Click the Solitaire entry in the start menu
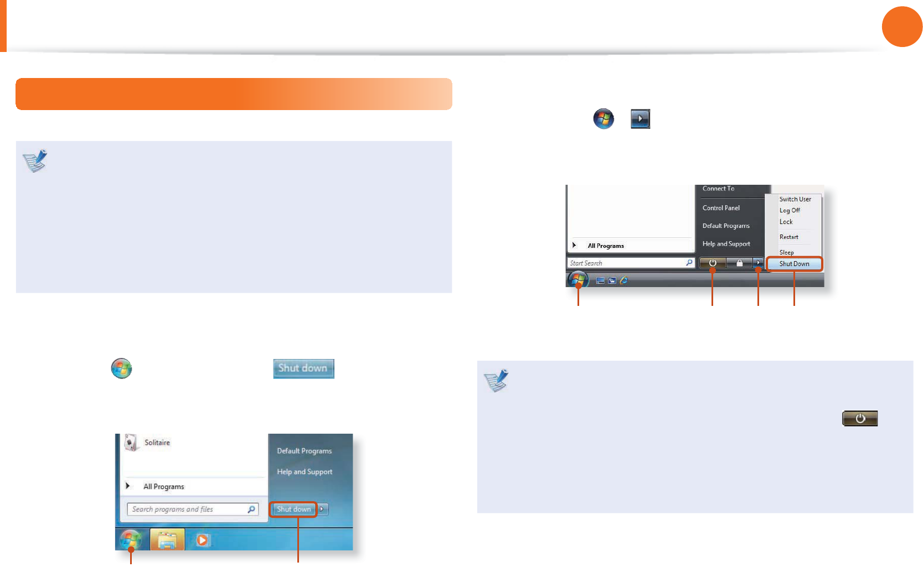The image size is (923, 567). pyautogui.click(x=157, y=443)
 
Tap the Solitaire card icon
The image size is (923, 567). pyautogui.click(x=131, y=443)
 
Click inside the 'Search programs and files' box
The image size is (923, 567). pyautogui.click(x=188, y=509)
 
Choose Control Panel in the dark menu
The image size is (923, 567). pyautogui.click(x=721, y=208)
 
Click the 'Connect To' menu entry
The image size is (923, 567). pyautogui.click(x=718, y=189)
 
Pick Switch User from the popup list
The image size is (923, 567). pyautogui.click(x=795, y=199)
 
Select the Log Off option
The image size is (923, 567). pyautogui.click(x=790, y=210)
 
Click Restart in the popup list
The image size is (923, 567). pyautogui.click(x=789, y=237)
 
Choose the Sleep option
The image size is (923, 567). pyautogui.click(x=787, y=252)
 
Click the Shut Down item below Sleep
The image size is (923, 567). pyautogui.click(x=795, y=264)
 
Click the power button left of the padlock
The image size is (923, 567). pyautogui.click(x=713, y=263)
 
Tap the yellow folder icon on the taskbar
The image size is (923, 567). pyautogui.click(x=167, y=540)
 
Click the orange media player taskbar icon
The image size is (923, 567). pyautogui.click(x=202, y=540)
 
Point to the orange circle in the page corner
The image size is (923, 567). pyautogui.click(x=902, y=27)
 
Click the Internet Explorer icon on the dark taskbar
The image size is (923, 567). pyautogui.click(x=624, y=280)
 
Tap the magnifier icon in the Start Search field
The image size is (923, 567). pyautogui.click(x=689, y=263)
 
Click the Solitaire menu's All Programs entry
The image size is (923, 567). pyautogui.click(x=163, y=487)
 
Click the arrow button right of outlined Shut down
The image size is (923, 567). pyautogui.click(x=322, y=509)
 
